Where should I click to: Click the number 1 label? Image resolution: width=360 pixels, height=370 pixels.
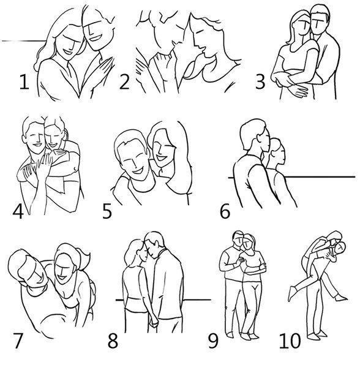(24, 81)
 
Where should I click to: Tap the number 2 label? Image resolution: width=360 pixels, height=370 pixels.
(124, 81)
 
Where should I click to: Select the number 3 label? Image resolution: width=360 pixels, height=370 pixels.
(260, 81)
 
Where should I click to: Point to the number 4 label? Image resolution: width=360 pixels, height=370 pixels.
(18, 211)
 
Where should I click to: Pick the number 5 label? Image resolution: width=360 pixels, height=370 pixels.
(107, 211)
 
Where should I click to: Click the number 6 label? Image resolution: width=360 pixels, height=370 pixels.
(225, 211)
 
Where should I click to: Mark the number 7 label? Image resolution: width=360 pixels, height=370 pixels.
(18, 341)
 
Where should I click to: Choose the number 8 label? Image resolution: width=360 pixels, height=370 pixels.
(113, 341)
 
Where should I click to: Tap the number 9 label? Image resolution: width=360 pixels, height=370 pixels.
(213, 341)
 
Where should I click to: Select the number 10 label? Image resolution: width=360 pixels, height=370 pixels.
(290, 341)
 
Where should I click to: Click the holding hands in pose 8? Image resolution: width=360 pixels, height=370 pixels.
(153, 322)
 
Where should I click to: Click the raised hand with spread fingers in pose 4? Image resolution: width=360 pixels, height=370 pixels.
(45, 164)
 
